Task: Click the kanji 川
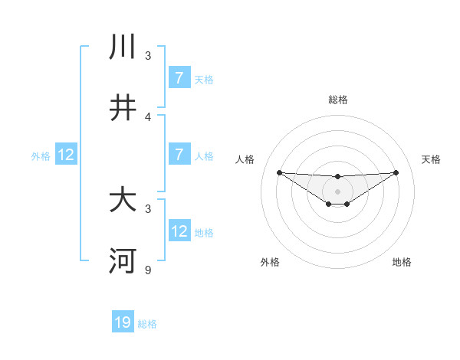(123, 47)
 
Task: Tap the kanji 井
(123, 108)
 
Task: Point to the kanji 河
(123, 261)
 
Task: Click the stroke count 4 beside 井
(148, 117)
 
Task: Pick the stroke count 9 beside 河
(148, 270)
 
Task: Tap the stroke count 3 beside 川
(148, 56)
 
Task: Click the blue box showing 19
(123, 322)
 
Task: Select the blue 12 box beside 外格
(66, 155)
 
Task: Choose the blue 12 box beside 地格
(179, 231)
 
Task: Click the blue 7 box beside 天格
(179, 78)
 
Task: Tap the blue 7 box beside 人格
(179, 155)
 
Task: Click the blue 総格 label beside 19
(147, 324)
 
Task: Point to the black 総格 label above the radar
(337, 100)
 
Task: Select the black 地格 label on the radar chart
(402, 262)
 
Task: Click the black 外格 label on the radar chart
(270, 262)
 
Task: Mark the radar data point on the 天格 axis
(396, 172)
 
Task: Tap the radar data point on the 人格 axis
(279, 172)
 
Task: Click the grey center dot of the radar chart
(337, 191)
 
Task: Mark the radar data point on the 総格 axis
(337, 177)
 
